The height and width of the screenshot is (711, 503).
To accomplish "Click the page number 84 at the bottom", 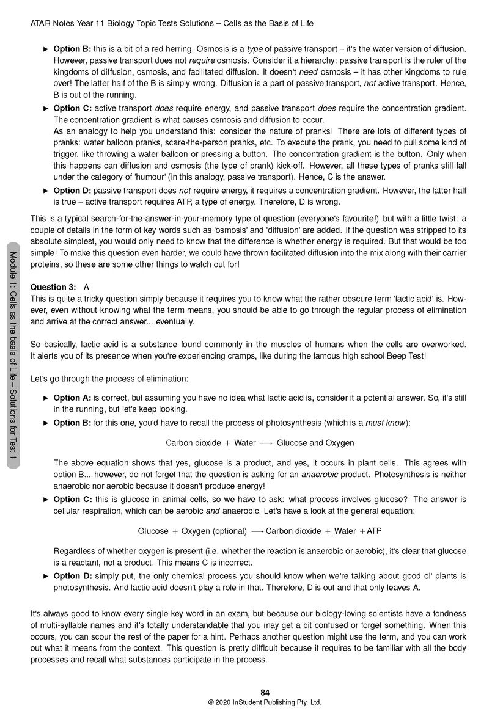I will tap(265, 692).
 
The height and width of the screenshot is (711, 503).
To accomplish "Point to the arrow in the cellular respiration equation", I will tap(257, 531).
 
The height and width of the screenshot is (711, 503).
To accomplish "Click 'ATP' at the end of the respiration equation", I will tap(374, 531).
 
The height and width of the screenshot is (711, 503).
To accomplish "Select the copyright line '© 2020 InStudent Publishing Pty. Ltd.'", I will tap(265, 702).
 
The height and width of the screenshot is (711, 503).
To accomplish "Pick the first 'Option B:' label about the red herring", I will tap(72, 49).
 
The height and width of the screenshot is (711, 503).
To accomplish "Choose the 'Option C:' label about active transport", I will tap(72, 108).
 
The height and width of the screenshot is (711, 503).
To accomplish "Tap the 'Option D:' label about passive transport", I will tap(72, 191).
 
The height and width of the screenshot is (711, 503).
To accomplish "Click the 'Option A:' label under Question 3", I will tap(72, 398).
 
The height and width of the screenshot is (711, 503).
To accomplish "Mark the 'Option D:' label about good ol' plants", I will tap(72, 576).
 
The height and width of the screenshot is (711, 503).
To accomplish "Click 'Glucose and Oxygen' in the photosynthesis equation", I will tap(315, 443).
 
